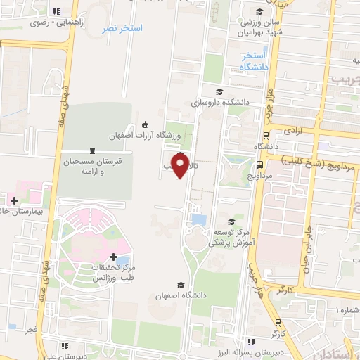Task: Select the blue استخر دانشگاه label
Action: [x=253, y=61]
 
